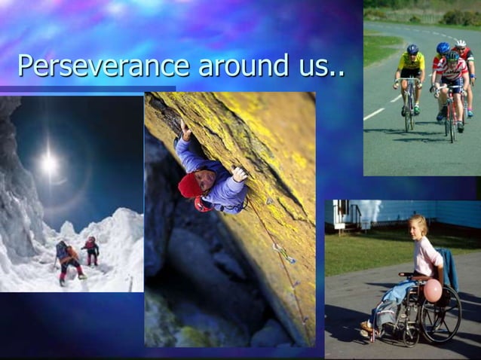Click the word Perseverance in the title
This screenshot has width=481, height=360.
(x=103, y=66)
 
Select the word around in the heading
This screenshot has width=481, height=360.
(x=241, y=66)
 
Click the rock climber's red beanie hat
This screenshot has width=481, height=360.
(x=189, y=185)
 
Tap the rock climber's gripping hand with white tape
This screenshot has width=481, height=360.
(x=239, y=174)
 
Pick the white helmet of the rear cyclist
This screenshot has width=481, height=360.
(x=461, y=44)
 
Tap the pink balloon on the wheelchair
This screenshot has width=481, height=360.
(x=433, y=291)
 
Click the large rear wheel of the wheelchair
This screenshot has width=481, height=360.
(x=441, y=313)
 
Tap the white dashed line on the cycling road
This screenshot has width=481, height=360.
(x=374, y=114)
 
